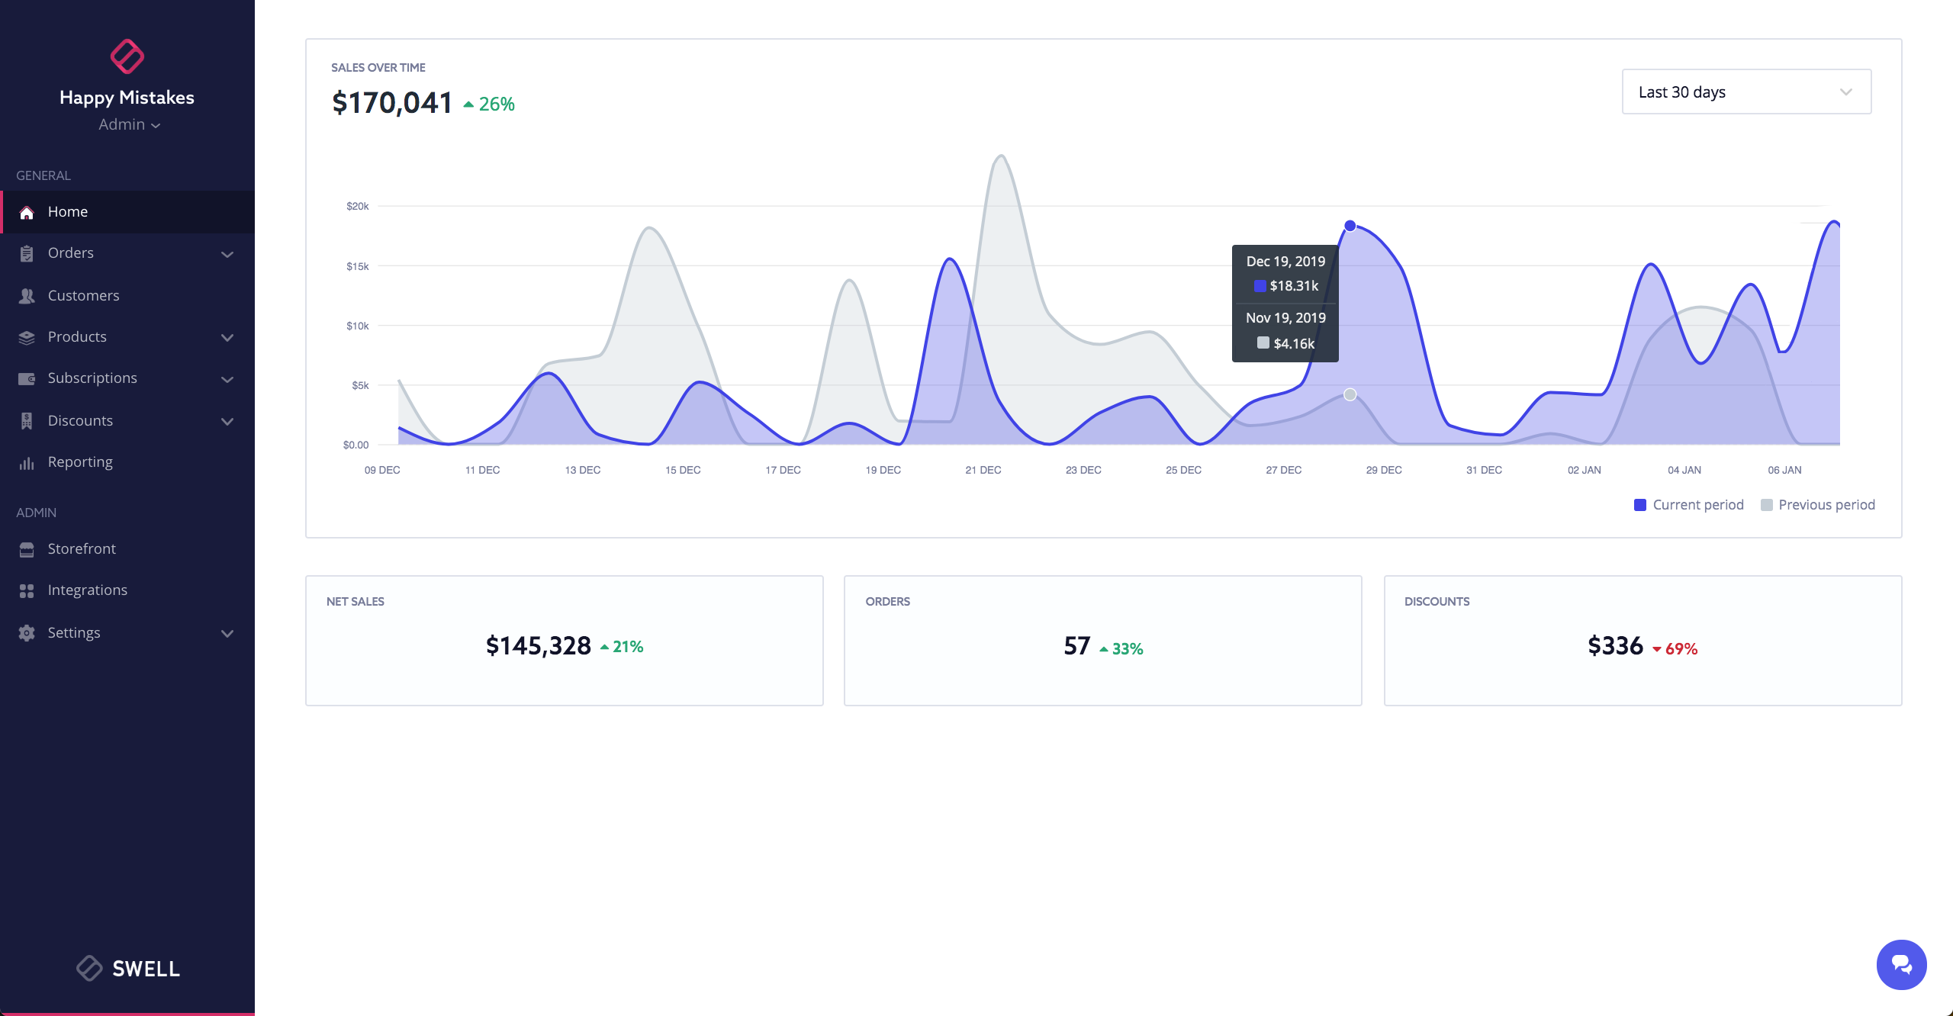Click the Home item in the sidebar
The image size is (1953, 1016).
click(67, 212)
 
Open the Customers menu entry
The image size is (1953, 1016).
click(83, 296)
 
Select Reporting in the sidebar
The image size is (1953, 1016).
click(79, 462)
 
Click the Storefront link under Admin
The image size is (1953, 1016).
click(81, 549)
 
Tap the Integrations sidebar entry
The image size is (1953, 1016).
click(87, 590)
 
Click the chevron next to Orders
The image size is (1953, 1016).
click(227, 254)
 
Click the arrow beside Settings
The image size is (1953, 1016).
click(227, 633)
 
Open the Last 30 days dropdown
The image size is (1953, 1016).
click(1745, 92)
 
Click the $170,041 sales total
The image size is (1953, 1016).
click(392, 103)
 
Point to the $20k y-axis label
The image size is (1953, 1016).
click(357, 207)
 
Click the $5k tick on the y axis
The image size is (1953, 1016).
click(360, 386)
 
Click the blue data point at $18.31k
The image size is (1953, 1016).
click(1350, 226)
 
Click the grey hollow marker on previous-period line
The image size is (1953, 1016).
click(1350, 394)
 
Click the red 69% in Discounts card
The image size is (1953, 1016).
click(1681, 649)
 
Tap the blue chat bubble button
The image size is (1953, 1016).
click(1901, 965)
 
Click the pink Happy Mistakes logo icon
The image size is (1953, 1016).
click(127, 56)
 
